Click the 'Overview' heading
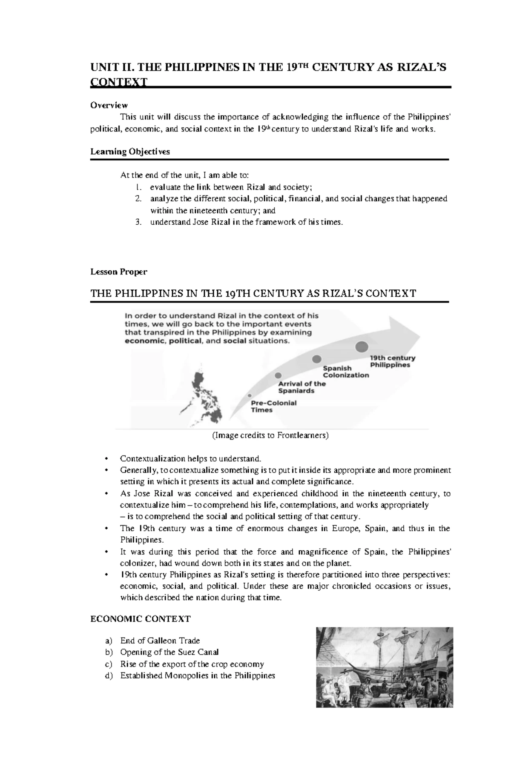[x=109, y=105]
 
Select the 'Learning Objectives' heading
[x=130, y=152]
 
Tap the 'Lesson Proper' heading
[x=118, y=272]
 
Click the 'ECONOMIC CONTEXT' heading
[x=140, y=618]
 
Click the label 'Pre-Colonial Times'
[x=273, y=406]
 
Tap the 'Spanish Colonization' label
[x=345, y=372]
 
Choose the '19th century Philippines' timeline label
[x=392, y=361]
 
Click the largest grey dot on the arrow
[x=362, y=346]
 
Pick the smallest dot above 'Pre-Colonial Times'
[x=249, y=395]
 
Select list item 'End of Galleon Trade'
[x=160, y=641]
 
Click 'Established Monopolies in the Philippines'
[x=198, y=675]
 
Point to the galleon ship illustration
[x=384, y=667]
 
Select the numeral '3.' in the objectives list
[x=138, y=222]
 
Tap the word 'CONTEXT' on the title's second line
[x=119, y=82]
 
